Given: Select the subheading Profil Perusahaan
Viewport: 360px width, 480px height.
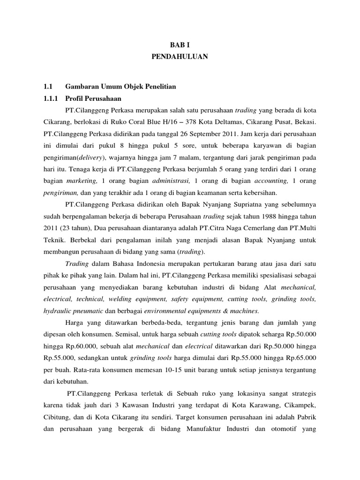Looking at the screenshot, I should coord(93,98).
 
